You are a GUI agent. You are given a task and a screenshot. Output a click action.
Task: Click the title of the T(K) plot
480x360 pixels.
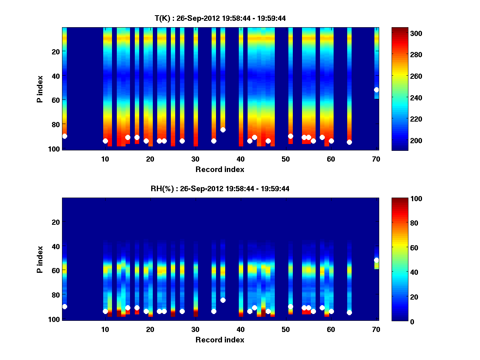220,18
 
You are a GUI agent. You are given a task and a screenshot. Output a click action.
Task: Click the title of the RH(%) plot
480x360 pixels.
220,189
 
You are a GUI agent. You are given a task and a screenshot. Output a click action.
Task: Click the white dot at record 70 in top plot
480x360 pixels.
376,90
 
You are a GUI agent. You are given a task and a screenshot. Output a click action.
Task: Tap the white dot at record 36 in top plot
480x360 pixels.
223,130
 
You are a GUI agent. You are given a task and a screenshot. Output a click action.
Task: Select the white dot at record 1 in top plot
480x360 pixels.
64,136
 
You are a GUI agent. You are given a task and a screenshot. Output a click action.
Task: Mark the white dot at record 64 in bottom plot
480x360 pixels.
349,312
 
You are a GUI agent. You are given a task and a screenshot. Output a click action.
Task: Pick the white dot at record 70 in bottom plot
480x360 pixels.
376,260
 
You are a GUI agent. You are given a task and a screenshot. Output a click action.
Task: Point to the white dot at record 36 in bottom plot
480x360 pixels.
223,300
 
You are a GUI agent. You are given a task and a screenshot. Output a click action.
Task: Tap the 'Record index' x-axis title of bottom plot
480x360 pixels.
220,340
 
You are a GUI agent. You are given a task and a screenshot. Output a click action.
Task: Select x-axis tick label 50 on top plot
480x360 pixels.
286,159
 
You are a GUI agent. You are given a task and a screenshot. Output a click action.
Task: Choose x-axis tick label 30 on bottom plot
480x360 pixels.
195,329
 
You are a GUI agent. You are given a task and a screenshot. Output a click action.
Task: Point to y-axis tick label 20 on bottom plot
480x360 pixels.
55,222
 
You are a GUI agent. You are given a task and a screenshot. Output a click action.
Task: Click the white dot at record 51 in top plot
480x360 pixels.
290,136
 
